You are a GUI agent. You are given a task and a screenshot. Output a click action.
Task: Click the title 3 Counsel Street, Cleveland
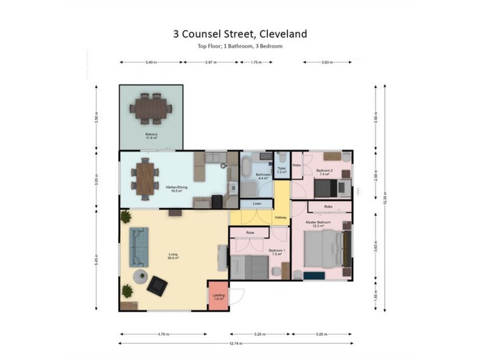pyautogui.click(x=240, y=34)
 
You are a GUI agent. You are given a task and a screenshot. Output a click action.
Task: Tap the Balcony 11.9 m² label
pyautogui.click(x=152, y=136)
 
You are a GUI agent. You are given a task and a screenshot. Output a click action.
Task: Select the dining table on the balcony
pyautogui.click(x=152, y=110)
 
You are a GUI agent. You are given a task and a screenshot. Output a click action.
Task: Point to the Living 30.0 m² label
pyautogui.click(x=173, y=257)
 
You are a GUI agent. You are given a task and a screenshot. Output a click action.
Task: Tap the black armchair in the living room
pyautogui.click(x=158, y=284)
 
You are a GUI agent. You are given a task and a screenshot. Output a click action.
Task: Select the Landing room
pyautogui.click(x=219, y=296)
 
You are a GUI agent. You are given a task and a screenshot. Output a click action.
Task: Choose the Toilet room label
pyautogui.click(x=281, y=171)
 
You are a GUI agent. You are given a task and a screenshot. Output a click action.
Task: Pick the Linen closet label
pyautogui.click(x=257, y=204)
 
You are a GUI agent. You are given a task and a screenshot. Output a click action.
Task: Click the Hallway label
pyautogui.click(x=281, y=217)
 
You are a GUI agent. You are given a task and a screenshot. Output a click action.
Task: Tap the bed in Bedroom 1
pyautogui.click(x=248, y=267)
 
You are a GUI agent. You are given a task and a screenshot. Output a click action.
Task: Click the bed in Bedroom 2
pyautogui.click(x=329, y=188)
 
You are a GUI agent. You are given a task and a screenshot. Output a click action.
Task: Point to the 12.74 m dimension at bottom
pyautogui.click(x=236, y=343)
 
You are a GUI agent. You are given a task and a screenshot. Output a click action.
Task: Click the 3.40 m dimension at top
pyautogui.click(x=152, y=62)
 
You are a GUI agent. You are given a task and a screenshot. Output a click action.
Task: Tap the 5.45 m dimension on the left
pyautogui.click(x=96, y=259)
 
